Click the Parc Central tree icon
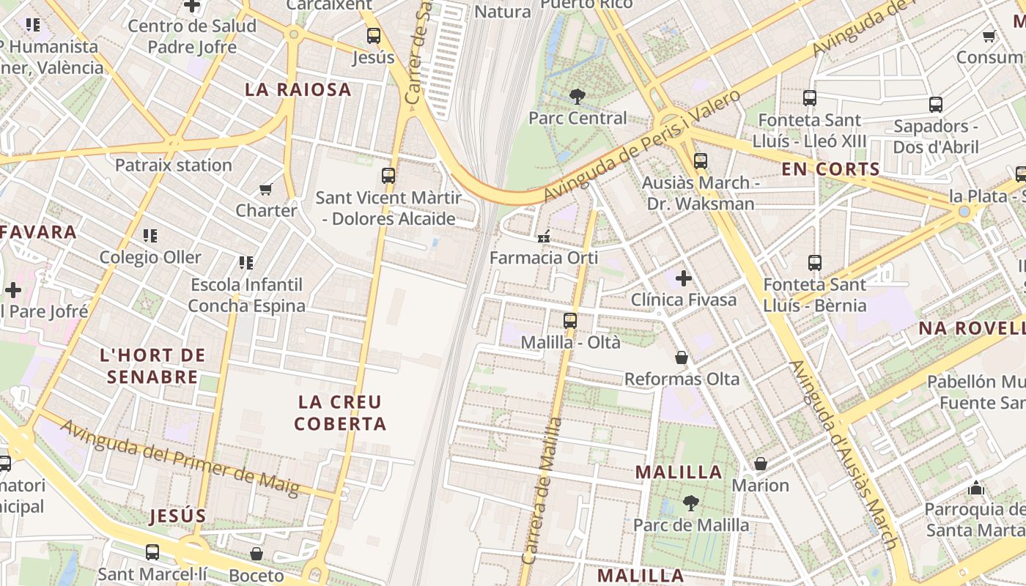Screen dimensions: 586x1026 click(x=577, y=96)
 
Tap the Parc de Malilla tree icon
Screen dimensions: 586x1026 click(x=690, y=503)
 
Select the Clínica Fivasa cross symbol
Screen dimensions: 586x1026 click(x=684, y=278)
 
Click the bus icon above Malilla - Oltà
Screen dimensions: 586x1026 click(x=570, y=320)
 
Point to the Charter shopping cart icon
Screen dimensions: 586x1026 click(x=266, y=189)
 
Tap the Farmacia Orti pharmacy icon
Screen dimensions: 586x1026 click(x=543, y=236)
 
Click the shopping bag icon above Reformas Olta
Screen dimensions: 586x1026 click(x=682, y=357)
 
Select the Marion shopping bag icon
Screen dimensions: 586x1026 click(x=761, y=464)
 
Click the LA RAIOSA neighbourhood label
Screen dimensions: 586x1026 click(x=298, y=90)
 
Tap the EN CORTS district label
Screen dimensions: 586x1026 click(x=830, y=169)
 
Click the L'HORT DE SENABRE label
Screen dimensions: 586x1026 click(x=152, y=366)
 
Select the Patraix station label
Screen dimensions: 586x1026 click(x=174, y=165)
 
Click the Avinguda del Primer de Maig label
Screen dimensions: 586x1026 click(x=180, y=457)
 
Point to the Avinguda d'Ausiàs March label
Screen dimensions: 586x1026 click(x=843, y=454)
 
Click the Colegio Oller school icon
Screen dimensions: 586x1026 click(x=150, y=236)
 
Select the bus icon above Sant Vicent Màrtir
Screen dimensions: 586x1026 click(x=388, y=176)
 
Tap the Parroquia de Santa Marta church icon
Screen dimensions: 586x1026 click(x=975, y=488)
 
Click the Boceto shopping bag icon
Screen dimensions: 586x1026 click(x=256, y=554)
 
